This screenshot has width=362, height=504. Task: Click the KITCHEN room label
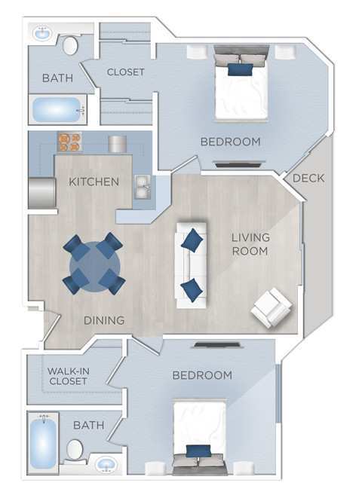coord(94,182)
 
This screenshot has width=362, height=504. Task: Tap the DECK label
coord(308,179)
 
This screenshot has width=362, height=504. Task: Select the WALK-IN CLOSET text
coord(67,376)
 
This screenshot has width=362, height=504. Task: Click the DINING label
coord(104,320)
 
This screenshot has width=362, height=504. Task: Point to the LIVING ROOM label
coord(250,244)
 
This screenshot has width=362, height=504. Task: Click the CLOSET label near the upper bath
coord(125,72)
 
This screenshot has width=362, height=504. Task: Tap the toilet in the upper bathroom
coord(71,45)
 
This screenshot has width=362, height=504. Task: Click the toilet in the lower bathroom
coord(75,450)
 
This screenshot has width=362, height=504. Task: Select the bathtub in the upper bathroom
coord(57,110)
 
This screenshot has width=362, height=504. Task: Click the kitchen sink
coord(142,187)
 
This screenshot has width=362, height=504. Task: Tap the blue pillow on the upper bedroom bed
coord(241,70)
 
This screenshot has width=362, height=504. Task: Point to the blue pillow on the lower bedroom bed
coord(198,451)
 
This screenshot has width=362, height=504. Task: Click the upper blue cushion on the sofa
coord(193,240)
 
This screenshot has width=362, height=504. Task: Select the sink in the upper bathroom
coord(41,34)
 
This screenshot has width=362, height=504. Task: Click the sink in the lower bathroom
coord(106,461)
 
